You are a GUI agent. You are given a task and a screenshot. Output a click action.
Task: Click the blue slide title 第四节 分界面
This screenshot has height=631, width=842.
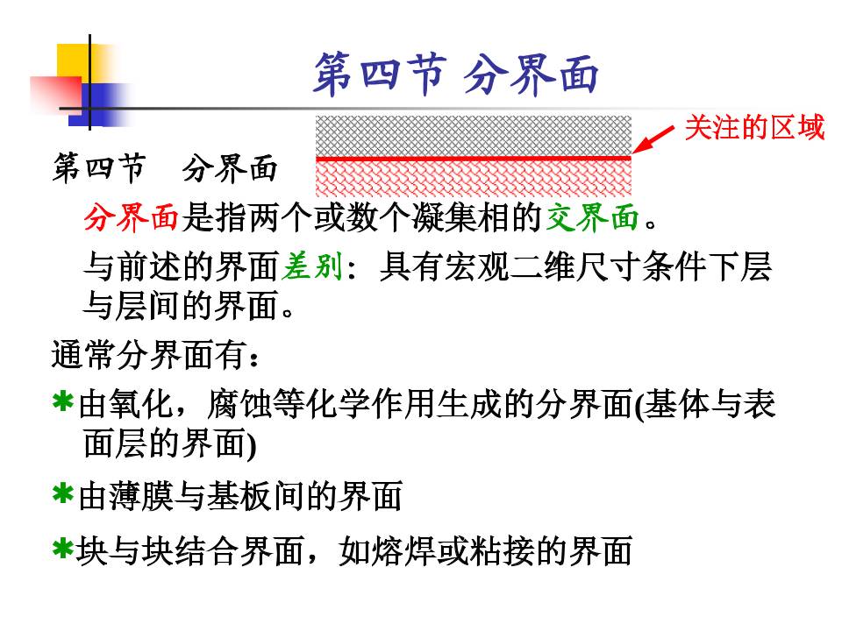point(455,74)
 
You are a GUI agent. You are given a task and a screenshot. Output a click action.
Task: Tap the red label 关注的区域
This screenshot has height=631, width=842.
point(754,128)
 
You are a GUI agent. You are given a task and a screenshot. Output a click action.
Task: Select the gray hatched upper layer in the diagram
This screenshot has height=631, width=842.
point(473,135)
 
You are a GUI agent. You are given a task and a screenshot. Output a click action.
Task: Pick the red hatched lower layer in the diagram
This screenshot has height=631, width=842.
point(473,177)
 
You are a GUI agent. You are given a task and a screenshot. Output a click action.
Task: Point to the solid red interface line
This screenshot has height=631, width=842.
point(473,158)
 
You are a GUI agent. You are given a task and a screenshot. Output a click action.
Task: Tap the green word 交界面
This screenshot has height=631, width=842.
point(592,217)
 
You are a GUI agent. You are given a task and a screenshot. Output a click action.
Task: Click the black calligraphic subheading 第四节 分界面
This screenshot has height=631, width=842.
point(165,169)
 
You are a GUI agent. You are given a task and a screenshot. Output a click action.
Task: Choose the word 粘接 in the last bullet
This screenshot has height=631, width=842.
point(499,552)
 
